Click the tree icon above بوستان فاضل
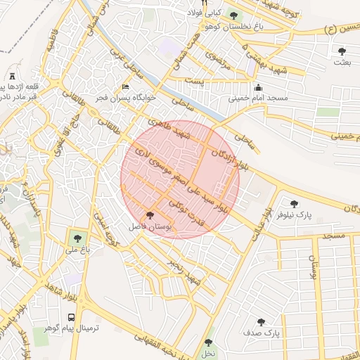coord(150,215)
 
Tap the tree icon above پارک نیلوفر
coord(294,203)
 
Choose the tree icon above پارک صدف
coord(262,321)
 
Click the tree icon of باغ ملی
coord(75,237)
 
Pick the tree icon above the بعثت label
coord(342,51)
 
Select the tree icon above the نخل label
coord(207,343)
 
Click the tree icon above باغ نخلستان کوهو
coord(233,15)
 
